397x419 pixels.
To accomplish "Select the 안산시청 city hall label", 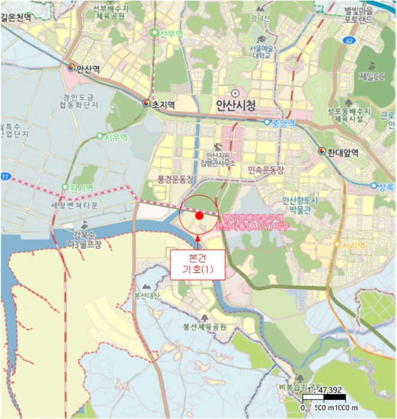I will pyautogui.click(x=236, y=107).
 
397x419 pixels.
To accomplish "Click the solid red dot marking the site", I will pyautogui.click(x=199, y=215).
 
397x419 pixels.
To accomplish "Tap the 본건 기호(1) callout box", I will pyautogui.click(x=198, y=264).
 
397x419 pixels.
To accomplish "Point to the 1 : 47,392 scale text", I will pyautogui.click(x=323, y=391).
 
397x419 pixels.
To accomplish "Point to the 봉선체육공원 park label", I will pyautogui.click(x=205, y=327).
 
